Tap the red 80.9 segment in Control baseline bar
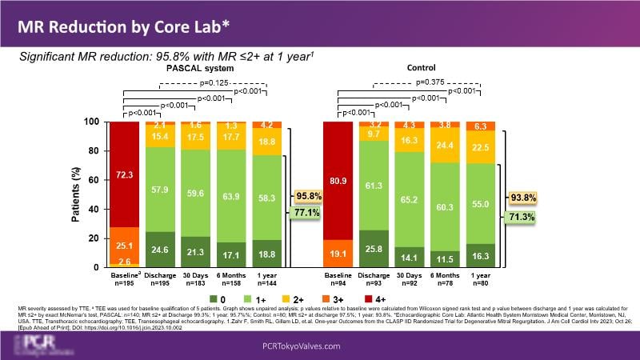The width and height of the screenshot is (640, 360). (x=338, y=180)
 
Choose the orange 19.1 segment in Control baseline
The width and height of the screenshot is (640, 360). (x=338, y=253)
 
